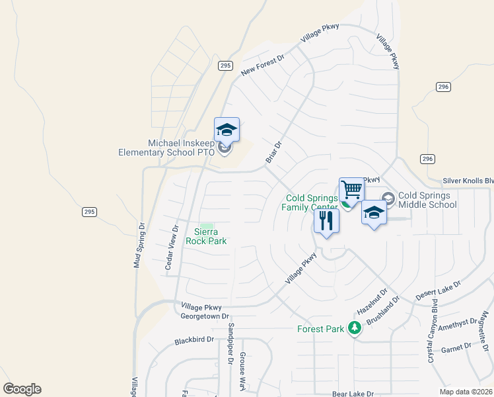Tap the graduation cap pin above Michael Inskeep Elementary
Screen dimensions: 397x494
pyautogui.click(x=227, y=130)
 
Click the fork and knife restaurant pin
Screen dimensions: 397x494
pyautogui.click(x=326, y=220)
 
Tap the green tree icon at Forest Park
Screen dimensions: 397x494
pyautogui.click(x=355, y=328)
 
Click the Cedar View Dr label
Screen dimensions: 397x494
pyautogui.click(x=171, y=247)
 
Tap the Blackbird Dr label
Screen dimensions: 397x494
pyautogui.click(x=195, y=340)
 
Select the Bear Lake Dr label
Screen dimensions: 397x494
pyautogui.click(x=353, y=393)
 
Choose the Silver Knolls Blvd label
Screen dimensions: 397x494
pyautogui.click(x=468, y=181)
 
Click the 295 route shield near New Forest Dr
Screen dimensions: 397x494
pyautogui.click(x=226, y=66)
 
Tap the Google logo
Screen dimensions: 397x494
pyautogui.click(x=22, y=389)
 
